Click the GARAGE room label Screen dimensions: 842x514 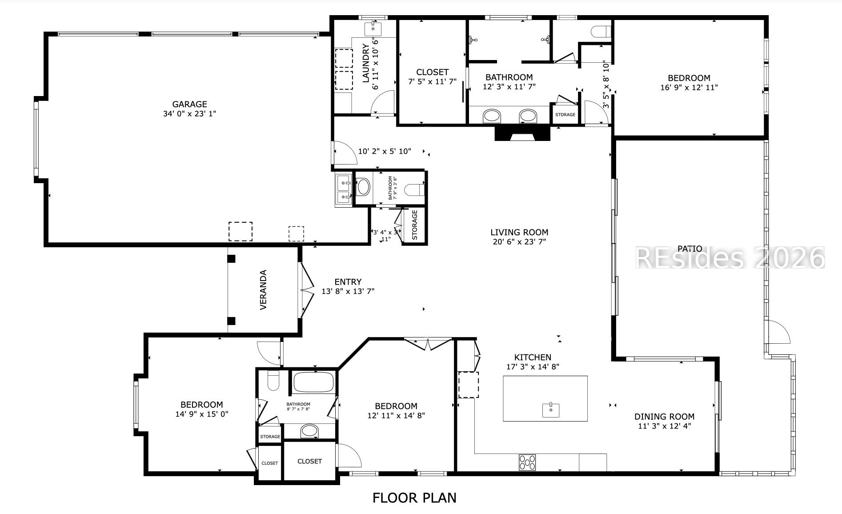[x=189, y=104]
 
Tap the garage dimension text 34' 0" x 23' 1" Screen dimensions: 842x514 [x=189, y=114]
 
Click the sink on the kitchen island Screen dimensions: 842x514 [x=551, y=410]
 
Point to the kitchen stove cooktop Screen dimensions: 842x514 [x=527, y=462]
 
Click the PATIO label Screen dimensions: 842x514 [x=690, y=249]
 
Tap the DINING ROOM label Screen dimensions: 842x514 [x=664, y=417]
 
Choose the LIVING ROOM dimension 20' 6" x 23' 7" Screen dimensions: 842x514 [x=519, y=242]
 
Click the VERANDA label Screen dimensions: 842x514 [x=263, y=290]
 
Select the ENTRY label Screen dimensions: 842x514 [x=348, y=282]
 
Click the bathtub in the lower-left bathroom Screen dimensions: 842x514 [x=313, y=382]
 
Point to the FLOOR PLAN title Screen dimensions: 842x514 [x=414, y=498]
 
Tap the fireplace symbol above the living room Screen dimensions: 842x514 [x=522, y=133]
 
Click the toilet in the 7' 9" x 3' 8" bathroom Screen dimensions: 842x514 [x=415, y=190]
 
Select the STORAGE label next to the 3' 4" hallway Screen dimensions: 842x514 [x=415, y=225]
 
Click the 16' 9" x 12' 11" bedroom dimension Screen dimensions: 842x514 [x=689, y=88]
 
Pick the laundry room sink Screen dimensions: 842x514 [x=373, y=29]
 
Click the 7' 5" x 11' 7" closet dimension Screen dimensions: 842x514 [x=432, y=81]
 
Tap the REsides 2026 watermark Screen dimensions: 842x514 [x=730, y=257]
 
